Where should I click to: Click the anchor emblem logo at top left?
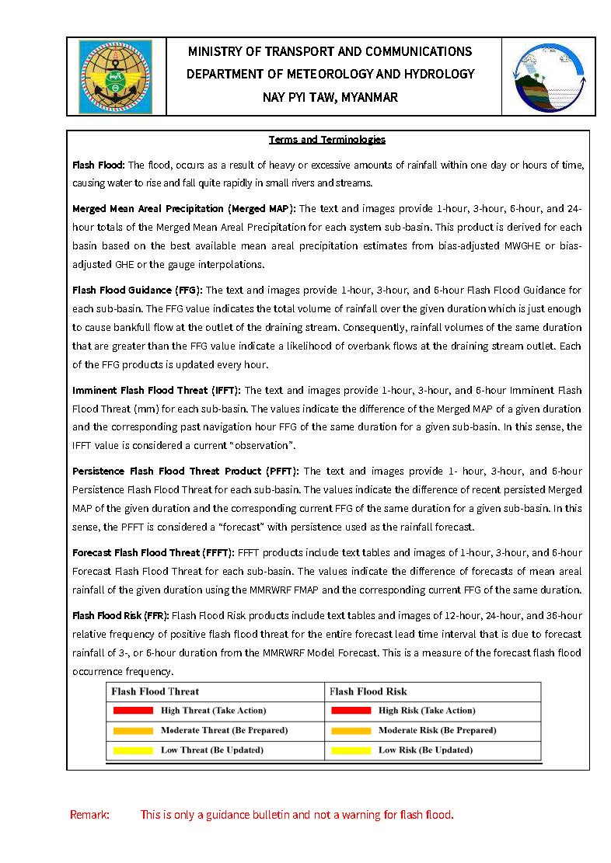116,76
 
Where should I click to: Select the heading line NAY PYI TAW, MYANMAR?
330,98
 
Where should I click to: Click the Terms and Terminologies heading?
327,140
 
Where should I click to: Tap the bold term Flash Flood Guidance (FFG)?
137,291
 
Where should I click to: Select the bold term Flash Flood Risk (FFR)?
120,616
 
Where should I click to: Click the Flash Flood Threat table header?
155,691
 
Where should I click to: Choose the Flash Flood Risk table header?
368,691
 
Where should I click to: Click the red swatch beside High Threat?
133,711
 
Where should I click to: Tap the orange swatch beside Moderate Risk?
351,731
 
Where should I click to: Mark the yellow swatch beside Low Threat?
133,750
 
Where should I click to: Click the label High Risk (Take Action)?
427,711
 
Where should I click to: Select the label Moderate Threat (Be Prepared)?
224,731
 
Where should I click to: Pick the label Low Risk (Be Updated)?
425,750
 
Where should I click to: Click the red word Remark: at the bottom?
90,815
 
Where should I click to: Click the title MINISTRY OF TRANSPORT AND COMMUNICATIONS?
330,52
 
